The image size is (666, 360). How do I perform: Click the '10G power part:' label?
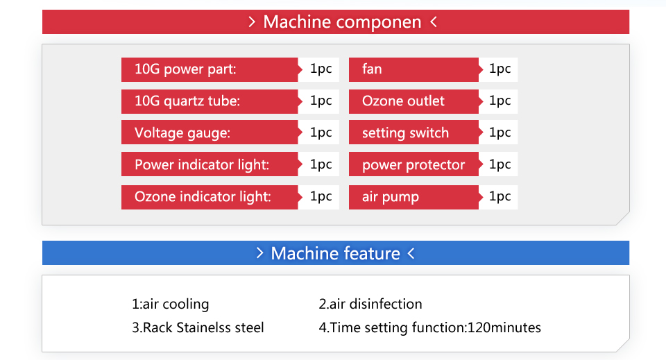click(185, 69)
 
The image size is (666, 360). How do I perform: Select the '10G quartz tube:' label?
click(187, 101)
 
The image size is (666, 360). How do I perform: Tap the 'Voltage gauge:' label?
click(182, 133)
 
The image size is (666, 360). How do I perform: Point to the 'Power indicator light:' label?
click(202, 164)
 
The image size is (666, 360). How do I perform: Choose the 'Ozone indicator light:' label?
click(203, 196)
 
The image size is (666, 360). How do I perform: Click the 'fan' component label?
click(372, 69)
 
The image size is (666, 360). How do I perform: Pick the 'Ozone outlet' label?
click(403, 101)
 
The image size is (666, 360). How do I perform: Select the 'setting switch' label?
click(405, 133)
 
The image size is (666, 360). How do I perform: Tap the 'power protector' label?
click(413, 165)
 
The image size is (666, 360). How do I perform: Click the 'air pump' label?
click(391, 197)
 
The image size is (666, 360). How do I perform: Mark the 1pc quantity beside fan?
click(499, 69)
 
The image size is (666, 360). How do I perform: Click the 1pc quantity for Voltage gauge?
click(321, 132)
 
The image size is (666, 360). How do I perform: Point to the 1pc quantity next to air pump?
click(499, 196)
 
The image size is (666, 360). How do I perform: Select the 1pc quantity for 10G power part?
click(321, 69)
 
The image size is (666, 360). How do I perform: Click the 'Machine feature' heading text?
click(335, 253)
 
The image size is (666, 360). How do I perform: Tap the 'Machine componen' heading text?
click(342, 22)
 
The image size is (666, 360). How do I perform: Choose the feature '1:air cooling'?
click(171, 304)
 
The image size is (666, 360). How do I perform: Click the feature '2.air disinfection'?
click(370, 304)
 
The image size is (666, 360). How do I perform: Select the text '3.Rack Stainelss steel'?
click(198, 327)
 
